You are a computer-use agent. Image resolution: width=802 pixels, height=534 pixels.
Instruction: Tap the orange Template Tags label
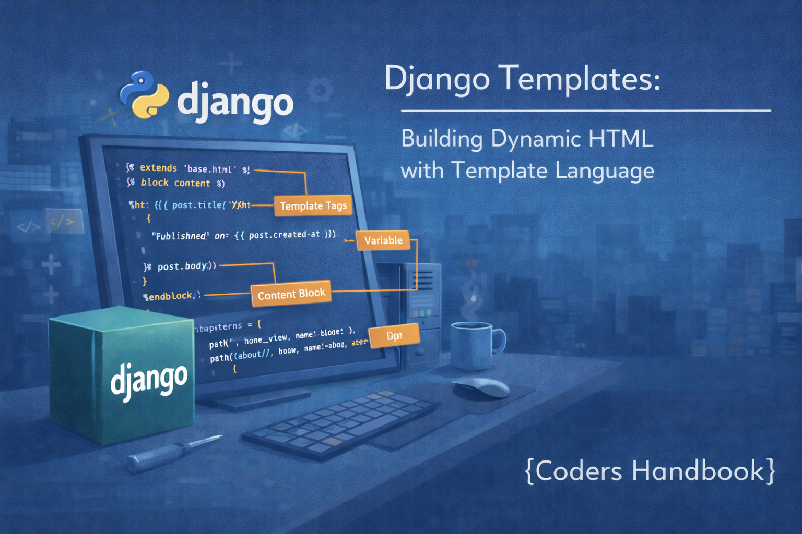click(x=313, y=206)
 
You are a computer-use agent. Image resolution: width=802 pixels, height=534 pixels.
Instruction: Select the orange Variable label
click(x=383, y=240)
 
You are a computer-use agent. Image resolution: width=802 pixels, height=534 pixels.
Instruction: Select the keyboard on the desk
click(x=340, y=423)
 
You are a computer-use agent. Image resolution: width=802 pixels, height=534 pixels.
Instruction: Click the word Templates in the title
click(x=579, y=79)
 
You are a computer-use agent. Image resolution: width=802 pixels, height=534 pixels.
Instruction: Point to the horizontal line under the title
click(x=585, y=111)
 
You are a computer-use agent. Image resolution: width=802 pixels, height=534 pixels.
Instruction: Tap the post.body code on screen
click(x=182, y=266)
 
